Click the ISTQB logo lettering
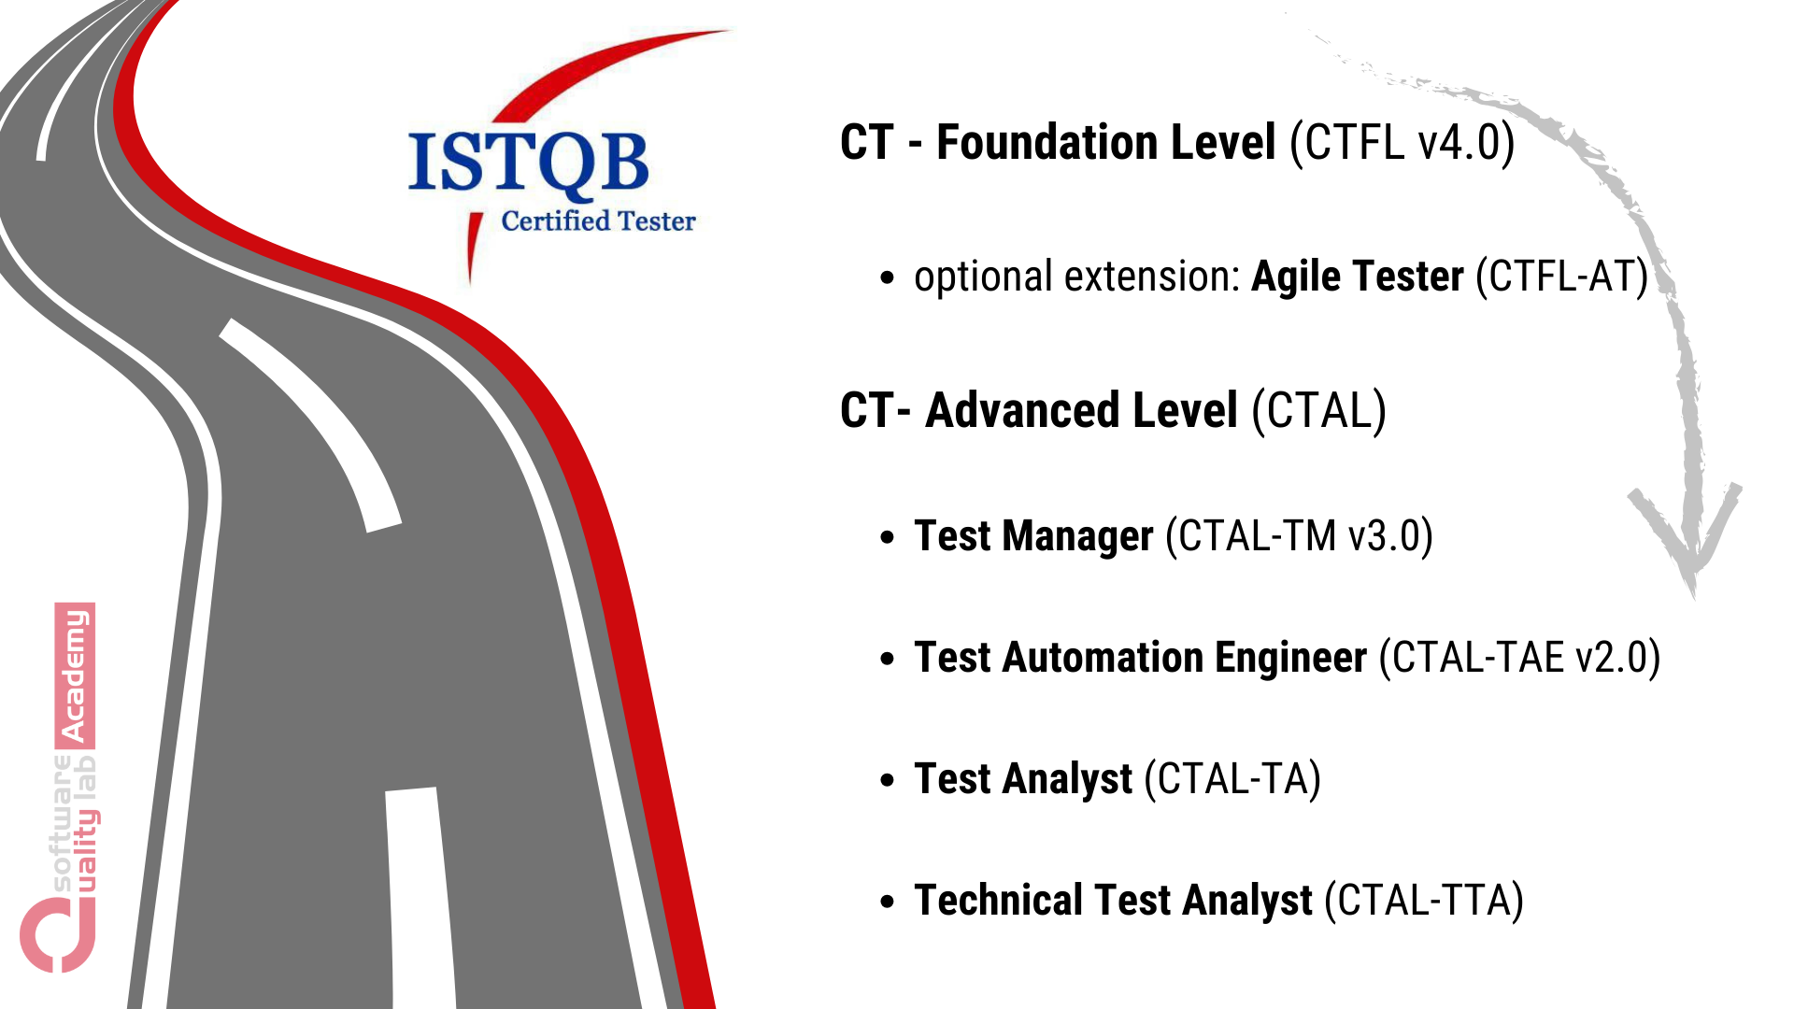(528, 163)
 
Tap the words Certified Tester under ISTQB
(598, 221)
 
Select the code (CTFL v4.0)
(1402, 143)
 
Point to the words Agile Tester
(1357, 277)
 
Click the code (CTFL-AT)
(1561, 277)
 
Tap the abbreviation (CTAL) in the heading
(1318, 411)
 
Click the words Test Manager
(1033, 536)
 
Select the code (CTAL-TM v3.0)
(1299, 536)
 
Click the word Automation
(1103, 658)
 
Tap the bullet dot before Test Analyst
(888, 780)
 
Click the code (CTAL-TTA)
(1424, 901)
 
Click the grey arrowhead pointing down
(1689, 542)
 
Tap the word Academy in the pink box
(75, 675)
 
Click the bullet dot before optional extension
(888, 277)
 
